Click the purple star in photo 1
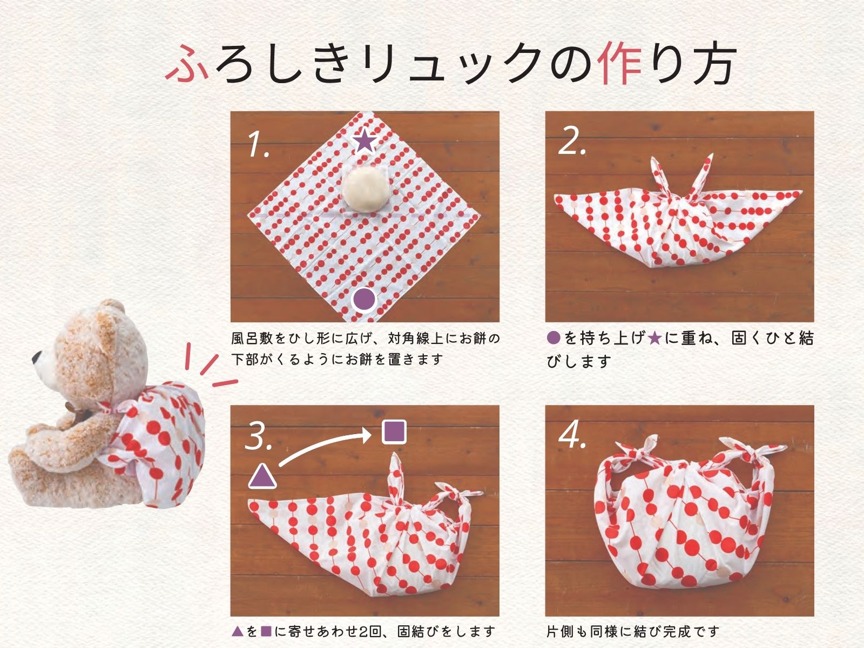(x=364, y=141)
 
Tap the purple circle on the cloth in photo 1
(x=364, y=300)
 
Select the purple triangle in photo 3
(x=262, y=476)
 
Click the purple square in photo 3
(x=394, y=433)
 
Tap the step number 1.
(x=259, y=144)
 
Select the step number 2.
(x=572, y=142)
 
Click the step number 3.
(x=259, y=437)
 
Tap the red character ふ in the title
(x=187, y=63)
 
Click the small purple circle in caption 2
(x=553, y=339)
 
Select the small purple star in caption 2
(x=654, y=339)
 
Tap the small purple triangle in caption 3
(x=238, y=631)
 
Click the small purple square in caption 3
(x=266, y=631)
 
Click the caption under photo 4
(x=632, y=631)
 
